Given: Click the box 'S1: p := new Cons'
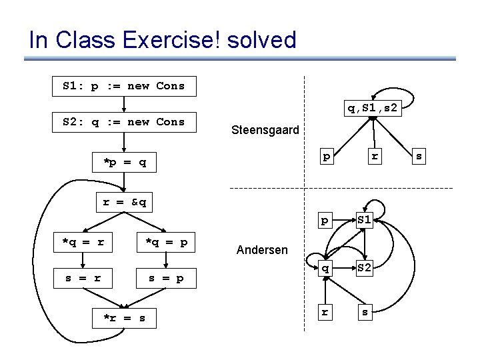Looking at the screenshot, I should click(x=125, y=86).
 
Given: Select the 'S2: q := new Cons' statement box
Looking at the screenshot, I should click(x=125, y=122).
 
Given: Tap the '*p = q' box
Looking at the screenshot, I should click(x=125, y=161).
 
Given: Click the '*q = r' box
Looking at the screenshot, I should click(x=83, y=242).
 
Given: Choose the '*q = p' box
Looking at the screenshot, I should click(x=166, y=242).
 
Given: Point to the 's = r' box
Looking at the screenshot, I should click(x=83, y=277).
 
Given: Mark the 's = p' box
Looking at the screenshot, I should click(x=166, y=277).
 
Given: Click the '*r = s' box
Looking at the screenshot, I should click(x=125, y=318).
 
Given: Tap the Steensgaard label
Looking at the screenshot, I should click(x=265, y=131).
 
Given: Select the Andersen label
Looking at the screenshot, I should click(x=263, y=251).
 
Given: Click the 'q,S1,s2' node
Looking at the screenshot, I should click(x=373, y=107).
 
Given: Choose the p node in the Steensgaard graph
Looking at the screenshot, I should click(x=326, y=156).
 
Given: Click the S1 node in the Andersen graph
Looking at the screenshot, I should click(x=365, y=220).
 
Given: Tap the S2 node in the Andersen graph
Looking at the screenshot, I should click(x=365, y=268).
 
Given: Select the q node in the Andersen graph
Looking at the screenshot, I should click(x=325, y=268).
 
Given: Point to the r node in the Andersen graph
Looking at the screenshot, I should click(x=325, y=311).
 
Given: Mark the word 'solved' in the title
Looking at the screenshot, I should click(x=261, y=40).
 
